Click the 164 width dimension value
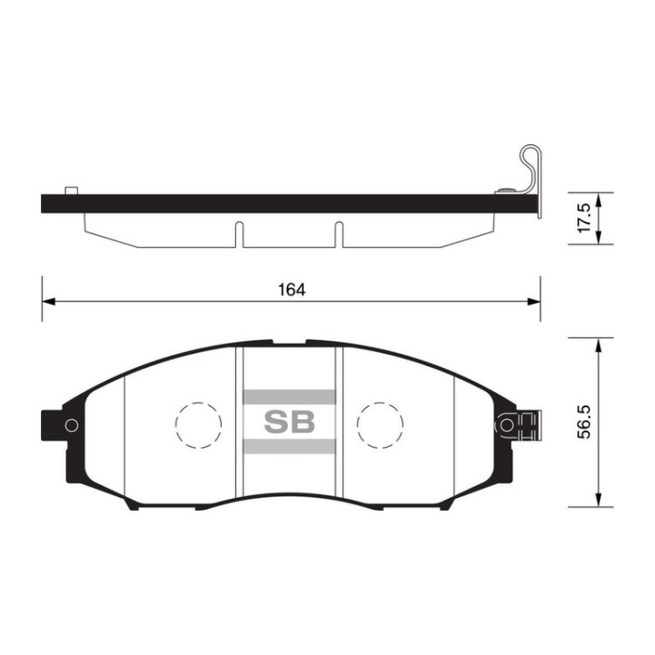(x=292, y=289)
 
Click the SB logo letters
(x=289, y=422)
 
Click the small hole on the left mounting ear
(x=72, y=425)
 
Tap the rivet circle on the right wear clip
(x=507, y=425)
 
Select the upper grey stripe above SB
(x=289, y=396)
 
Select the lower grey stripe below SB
(x=289, y=446)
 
